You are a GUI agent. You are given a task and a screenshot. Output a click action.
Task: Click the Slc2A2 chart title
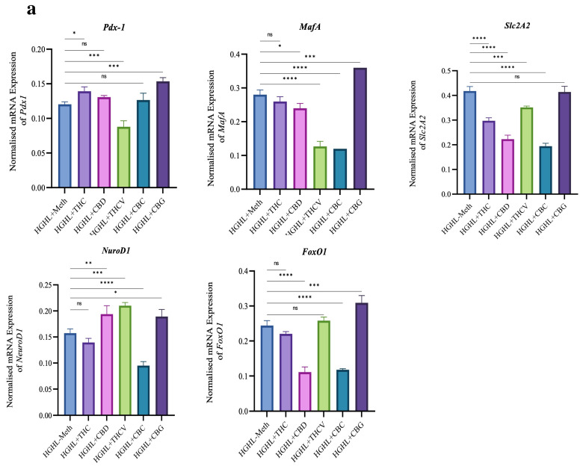coord(511,27)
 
